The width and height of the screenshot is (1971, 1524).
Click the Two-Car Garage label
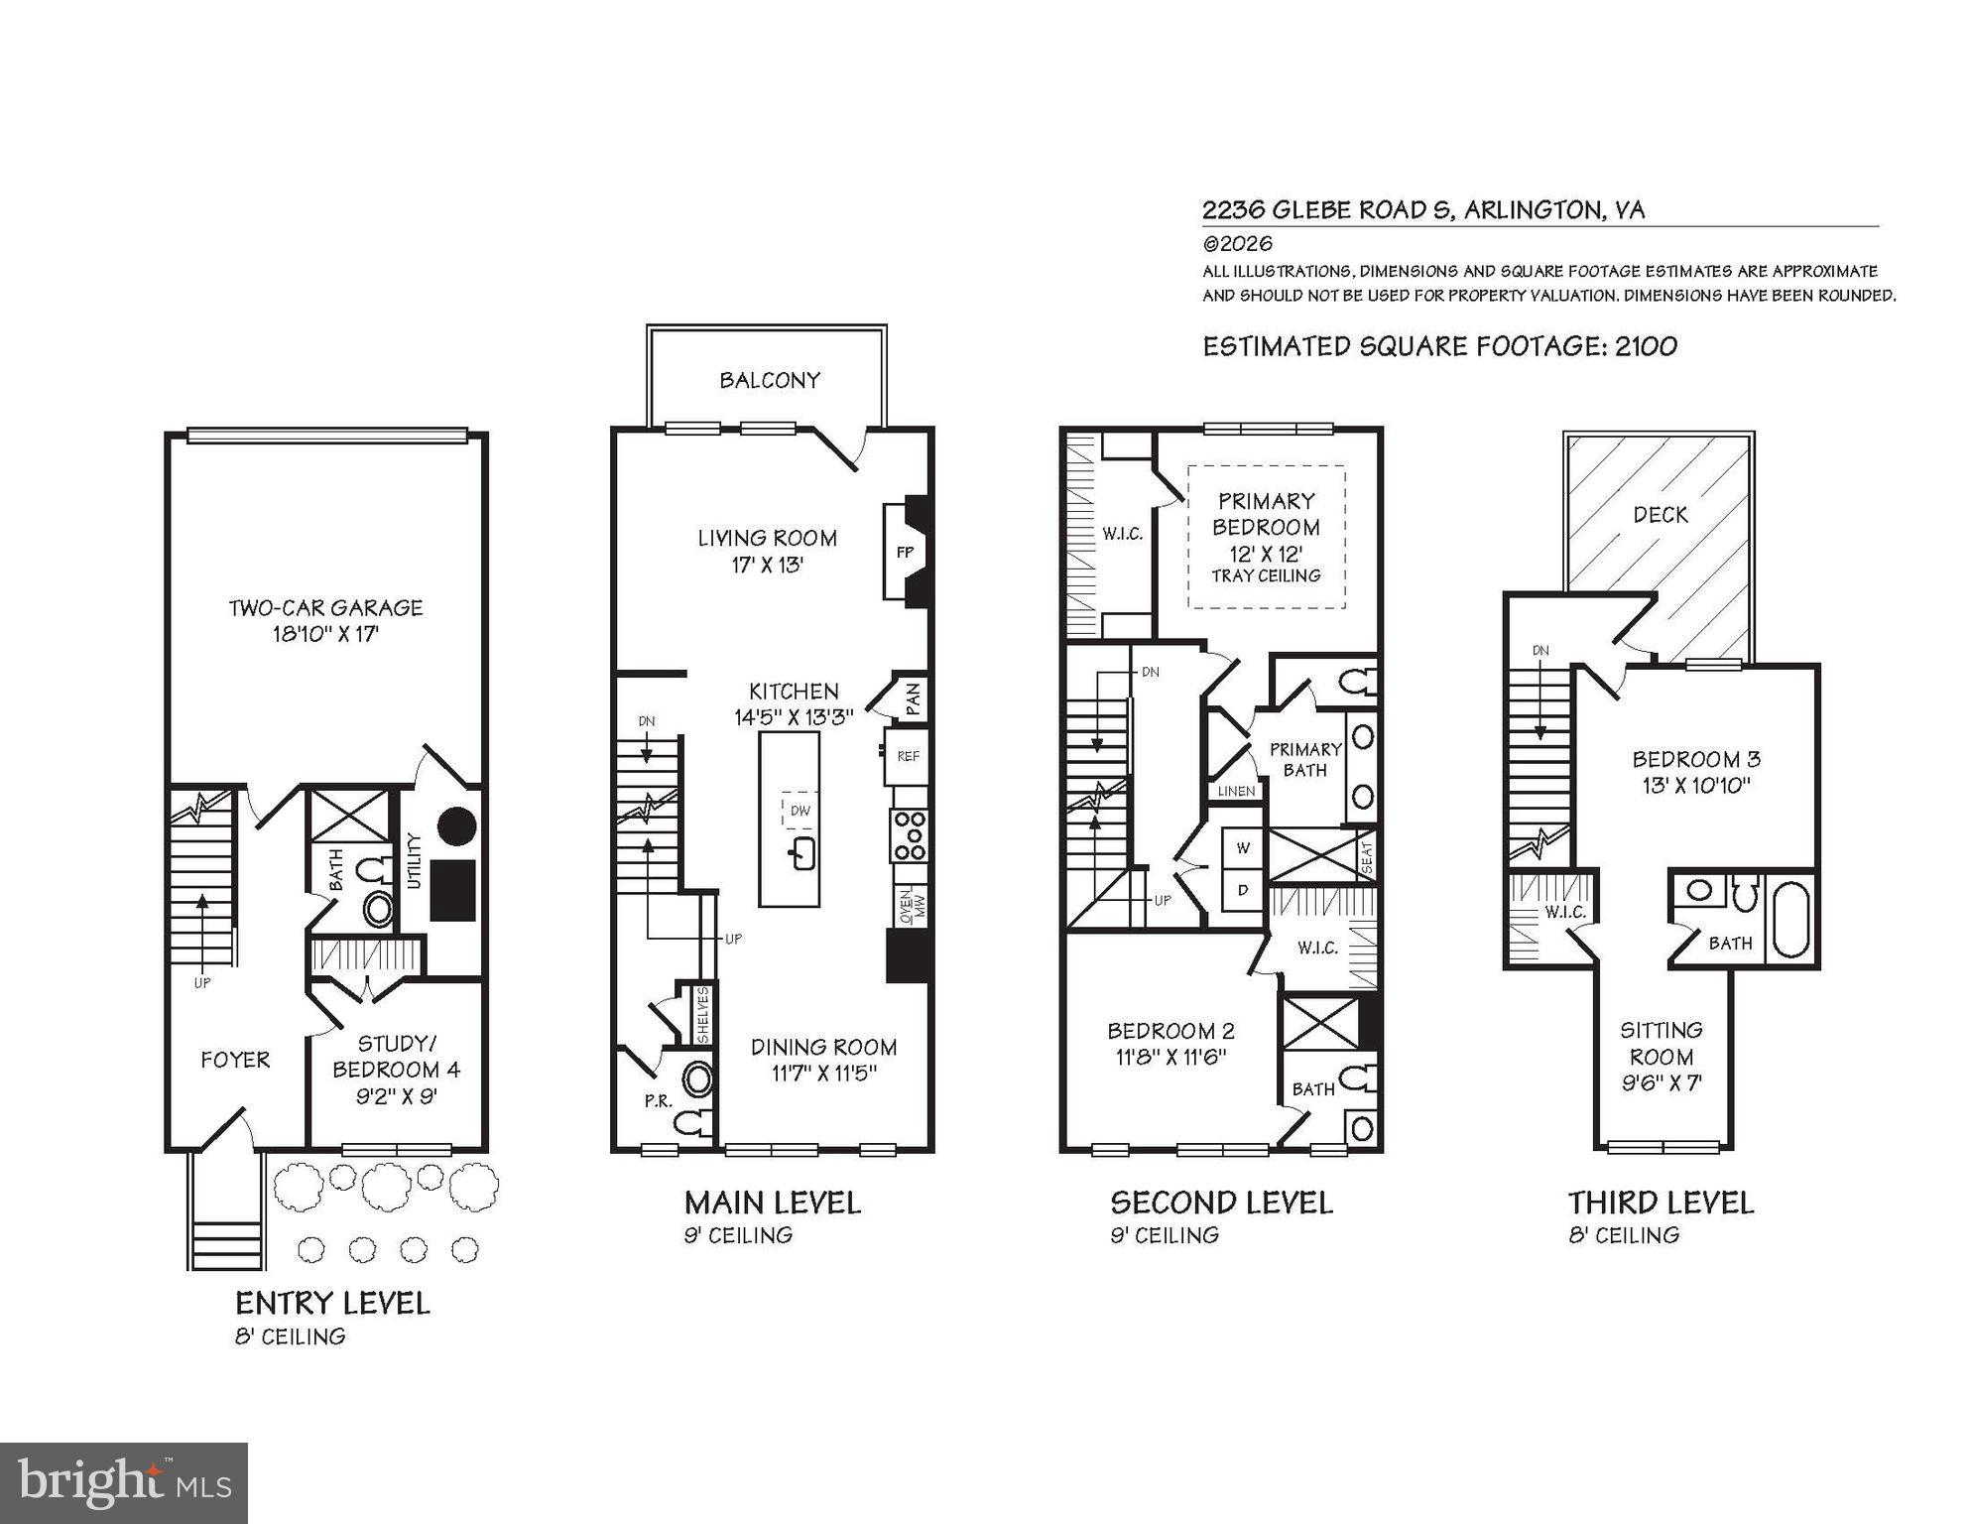coord(325,608)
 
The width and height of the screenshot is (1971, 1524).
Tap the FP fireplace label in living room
coord(905,553)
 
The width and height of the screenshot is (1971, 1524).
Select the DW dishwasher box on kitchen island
coord(800,811)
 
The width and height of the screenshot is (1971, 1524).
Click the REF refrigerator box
coord(908,756)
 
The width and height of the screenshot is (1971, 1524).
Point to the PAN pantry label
coord(913,698)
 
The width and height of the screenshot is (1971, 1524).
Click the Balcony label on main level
coord(770,380)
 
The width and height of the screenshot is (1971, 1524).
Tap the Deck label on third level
coord(1660,515)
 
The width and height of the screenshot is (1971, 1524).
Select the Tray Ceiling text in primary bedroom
coord(1266,575)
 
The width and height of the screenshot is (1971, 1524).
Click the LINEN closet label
coord(1236,791)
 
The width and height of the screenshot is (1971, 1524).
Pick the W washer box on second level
coord(1242,848)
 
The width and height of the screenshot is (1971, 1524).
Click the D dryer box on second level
coord(1242,891)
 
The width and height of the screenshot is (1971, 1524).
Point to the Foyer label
coord(235,1060)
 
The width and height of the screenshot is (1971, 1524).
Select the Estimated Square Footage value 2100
coord(1646,346)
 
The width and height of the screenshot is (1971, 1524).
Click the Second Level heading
coord(1221,1203)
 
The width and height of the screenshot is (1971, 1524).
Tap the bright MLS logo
coord(124,1483)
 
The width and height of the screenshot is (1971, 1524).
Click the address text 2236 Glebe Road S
coord(1328,210)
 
